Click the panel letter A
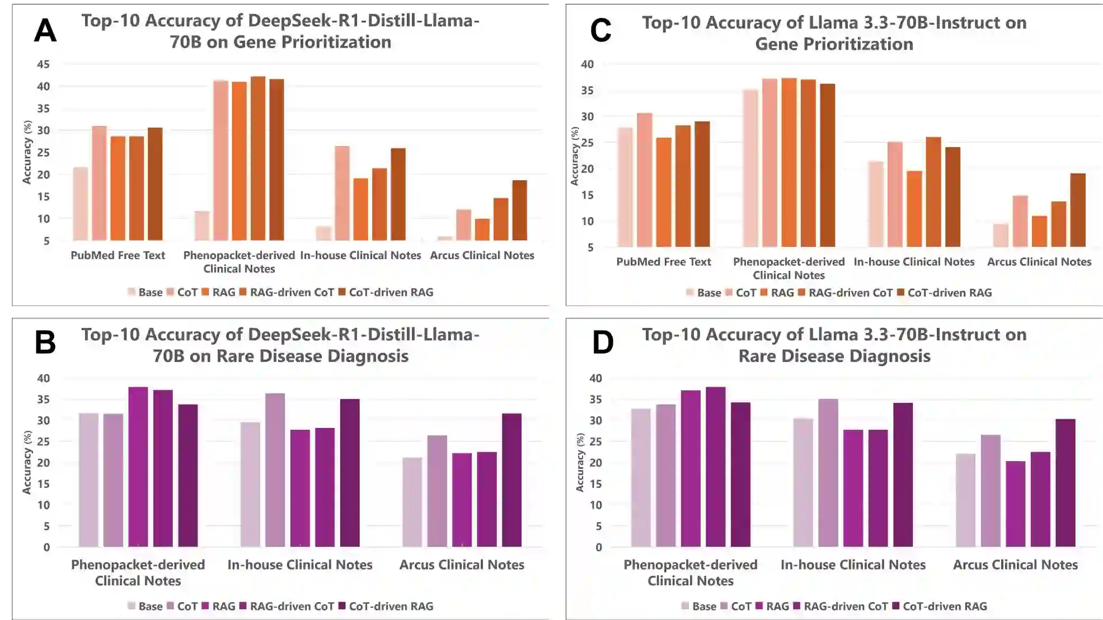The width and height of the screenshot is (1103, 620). [45, 30]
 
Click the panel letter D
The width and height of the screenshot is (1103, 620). [603, 342]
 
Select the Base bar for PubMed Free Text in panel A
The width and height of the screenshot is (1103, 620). [81, 204]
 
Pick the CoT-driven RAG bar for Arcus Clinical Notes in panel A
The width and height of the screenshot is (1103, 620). [519, 210]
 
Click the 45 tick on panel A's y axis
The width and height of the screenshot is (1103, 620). [43, 64]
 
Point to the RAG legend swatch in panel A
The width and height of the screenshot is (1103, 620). [205, 292]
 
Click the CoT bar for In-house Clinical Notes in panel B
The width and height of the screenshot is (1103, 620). [275, 470]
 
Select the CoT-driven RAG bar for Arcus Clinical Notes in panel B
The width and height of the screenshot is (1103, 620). [511, 480]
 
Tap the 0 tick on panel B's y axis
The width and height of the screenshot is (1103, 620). [46, 547]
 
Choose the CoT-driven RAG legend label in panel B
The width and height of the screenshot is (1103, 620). [391, 606]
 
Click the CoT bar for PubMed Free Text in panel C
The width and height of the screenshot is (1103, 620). [644, 180]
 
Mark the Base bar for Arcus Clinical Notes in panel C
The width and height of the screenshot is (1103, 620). [1001, 235]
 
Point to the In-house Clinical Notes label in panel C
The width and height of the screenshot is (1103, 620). [914, 262]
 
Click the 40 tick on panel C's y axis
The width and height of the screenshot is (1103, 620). [587, 64]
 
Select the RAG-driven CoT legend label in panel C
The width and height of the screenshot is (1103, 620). [851, 293]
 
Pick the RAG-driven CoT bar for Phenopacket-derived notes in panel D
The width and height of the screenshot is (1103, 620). [715, 467]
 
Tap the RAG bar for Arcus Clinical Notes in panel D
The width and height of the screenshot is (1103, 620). [1016, 504]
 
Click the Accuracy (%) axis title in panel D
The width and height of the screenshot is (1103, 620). [580, 462]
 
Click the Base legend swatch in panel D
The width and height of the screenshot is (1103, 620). [686, 606]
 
